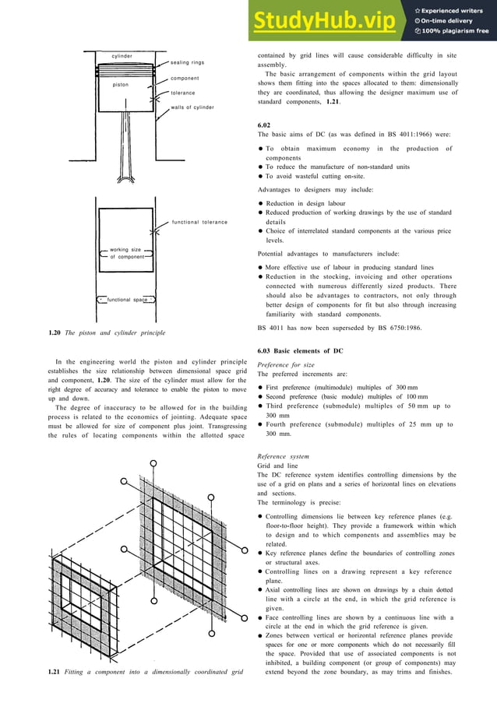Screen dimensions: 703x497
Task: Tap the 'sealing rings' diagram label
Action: point(187,62)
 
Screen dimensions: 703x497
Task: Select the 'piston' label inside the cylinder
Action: point(121,84)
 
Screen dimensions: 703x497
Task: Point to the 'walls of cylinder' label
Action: point(192,107)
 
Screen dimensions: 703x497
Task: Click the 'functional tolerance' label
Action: point(200,223)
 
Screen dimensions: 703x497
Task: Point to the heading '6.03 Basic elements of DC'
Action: point(300,351)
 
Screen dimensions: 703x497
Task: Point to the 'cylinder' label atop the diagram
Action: point(122,56)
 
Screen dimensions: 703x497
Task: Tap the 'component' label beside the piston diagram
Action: point(185,79)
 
